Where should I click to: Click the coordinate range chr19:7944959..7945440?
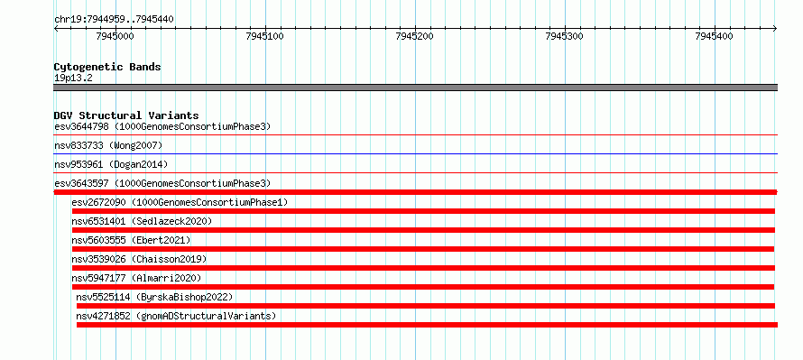(114, 19)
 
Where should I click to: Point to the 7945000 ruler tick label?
(115, 36)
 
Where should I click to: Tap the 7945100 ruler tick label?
(265, 36)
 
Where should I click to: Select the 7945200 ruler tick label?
(415, 36)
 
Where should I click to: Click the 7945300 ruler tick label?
(565, 36)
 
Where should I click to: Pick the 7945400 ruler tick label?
(715, 36)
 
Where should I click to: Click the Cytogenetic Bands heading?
(107, 67)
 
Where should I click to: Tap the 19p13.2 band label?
(73, 78)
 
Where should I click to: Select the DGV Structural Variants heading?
(126, 115)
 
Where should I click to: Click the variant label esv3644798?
(81, 126)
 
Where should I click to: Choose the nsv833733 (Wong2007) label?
(108, 146)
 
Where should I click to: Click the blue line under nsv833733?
(415, 153)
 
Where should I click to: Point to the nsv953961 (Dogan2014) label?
(111, 164)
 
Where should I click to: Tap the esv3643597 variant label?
(81, 183)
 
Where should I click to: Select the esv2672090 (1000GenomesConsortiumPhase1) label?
(180, 202)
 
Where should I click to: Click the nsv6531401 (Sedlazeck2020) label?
(142, 221)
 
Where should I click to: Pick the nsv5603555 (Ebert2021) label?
(131, 240)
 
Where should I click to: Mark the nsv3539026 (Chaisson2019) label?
(139, 259)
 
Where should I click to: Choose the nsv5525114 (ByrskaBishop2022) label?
(154, 297)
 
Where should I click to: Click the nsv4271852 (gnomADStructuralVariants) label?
(176, 316)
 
